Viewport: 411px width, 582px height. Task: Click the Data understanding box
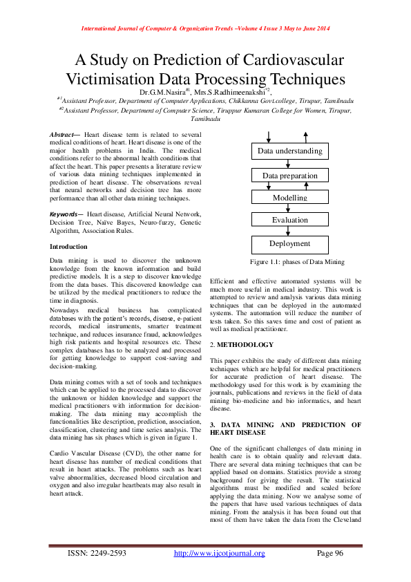point(289,151)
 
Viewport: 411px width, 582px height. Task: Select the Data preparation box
point(289,176)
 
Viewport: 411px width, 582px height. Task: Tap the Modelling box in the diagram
point(289,198)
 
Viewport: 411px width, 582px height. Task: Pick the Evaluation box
point(289,220)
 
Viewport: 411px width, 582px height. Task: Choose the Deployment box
point(289,243)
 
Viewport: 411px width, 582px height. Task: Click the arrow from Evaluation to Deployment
point(290,232)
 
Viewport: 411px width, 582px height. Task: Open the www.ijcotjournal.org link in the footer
point(219,553)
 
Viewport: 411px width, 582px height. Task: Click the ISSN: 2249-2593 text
point(97,553)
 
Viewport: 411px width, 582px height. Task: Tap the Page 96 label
point(329,553)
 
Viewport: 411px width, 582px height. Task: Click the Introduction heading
point(68,247)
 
